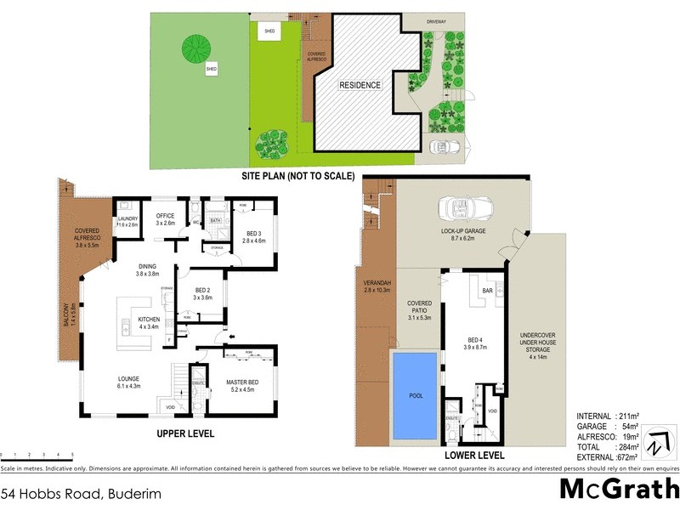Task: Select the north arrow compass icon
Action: pyautogui.click(x=656, y=444)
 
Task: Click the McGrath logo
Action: pyautogui.click(x=618, y=490)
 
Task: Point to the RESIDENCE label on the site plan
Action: pyautogui.click(x=360, y=86)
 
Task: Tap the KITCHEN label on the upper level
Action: pyautogui.click(x=137, y=320)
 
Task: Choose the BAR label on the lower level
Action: pyautogui.click(x=489, y=291)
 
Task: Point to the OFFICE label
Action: pyautogui.click(x=165, y=216)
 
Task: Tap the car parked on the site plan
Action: pyautogui.click(x=445, y=146)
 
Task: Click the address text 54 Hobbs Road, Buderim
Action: pyautogui.click(x=81, y=492)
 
